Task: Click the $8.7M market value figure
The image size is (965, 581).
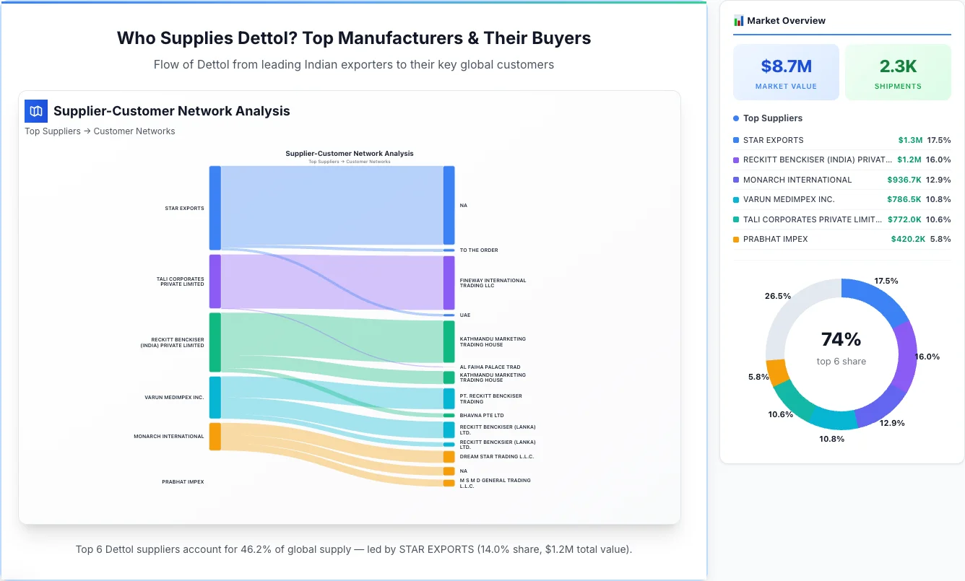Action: pyautogui.click(x=786, y=66)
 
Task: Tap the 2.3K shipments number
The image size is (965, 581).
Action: pyautogui.click(x=898, y=66)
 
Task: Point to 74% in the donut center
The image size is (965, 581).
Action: pyautogui.click(x=841, y=339)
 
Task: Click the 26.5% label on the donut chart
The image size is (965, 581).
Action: pyautogui.click(x=777, y=296)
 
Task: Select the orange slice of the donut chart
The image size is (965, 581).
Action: pyautogui.click(x=778, y=372)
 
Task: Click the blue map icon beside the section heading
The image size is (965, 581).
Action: pyautogui.click(x=36, y=111)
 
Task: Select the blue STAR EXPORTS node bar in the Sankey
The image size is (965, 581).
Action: pyautogui.click(x=215, y=208)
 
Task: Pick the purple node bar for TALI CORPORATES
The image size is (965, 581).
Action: pyautogui.click(x=215, y=281)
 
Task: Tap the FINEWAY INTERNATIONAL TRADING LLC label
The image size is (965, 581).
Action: pyautogui.click(x=493, y=283)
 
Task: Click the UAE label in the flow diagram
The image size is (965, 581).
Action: pyautogui.click(x=464, y=315)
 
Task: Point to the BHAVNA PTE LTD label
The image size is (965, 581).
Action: pyautogui.click(x=482, y=416)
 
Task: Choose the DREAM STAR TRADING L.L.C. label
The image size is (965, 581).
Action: pyautogui.click(x=497, y=457)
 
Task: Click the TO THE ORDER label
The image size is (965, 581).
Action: pyautogui.click(x=479, y=250)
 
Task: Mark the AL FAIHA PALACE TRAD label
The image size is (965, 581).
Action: pyautogui.click(x=490, y=367)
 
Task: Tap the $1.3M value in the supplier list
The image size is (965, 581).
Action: pyautogui.click(x=910, y=140)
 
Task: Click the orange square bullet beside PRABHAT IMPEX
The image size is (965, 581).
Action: pyautogui.click(x=736, y=239)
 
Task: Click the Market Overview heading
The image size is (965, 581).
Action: pyautogui.click(x=786, y=21)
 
